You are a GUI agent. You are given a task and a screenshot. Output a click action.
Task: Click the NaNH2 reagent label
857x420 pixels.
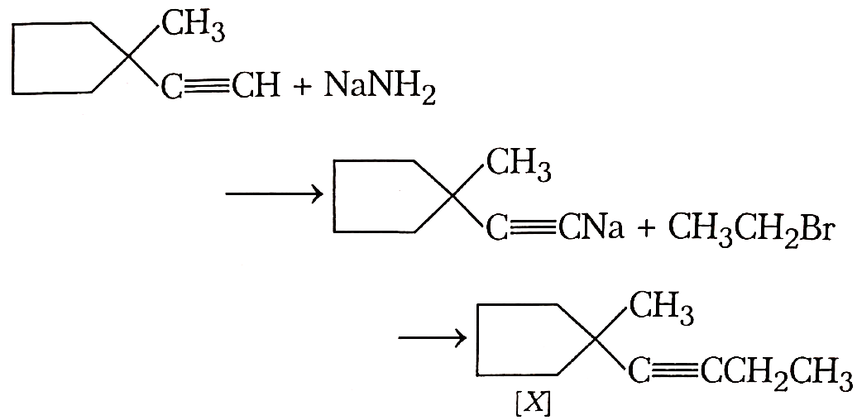tap(379, 89)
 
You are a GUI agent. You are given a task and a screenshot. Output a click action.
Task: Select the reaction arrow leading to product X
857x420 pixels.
tap(433, 338)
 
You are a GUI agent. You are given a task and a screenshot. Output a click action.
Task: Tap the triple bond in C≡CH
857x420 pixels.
tap(208, 87)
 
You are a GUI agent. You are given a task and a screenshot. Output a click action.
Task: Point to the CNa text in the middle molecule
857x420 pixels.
tap(591, 227)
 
